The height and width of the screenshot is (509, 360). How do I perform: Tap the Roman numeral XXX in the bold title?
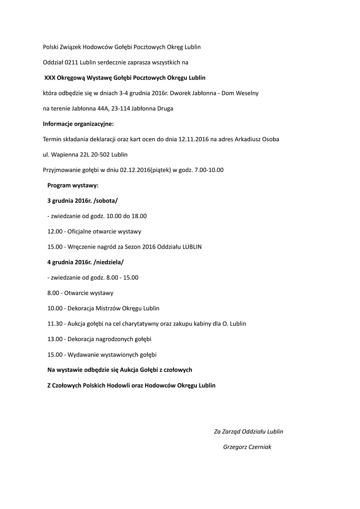pyautogui.click(x=50, y=78)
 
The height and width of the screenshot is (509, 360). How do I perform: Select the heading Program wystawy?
pyautogui.click(x=73, y=185)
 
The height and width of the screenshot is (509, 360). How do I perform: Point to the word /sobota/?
pyautogui.click(x=105, y=201)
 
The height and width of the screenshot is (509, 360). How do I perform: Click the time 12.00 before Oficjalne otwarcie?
pyautogui.click(x=55, y=232)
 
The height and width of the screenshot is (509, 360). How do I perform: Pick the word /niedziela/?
pyautogui.click(x=108, y=262)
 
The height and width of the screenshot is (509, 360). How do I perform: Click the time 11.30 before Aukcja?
pyautogui.click(x=55, y=324)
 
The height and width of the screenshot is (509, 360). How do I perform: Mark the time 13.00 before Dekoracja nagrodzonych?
pyautogui.click(x=55, y=339)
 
